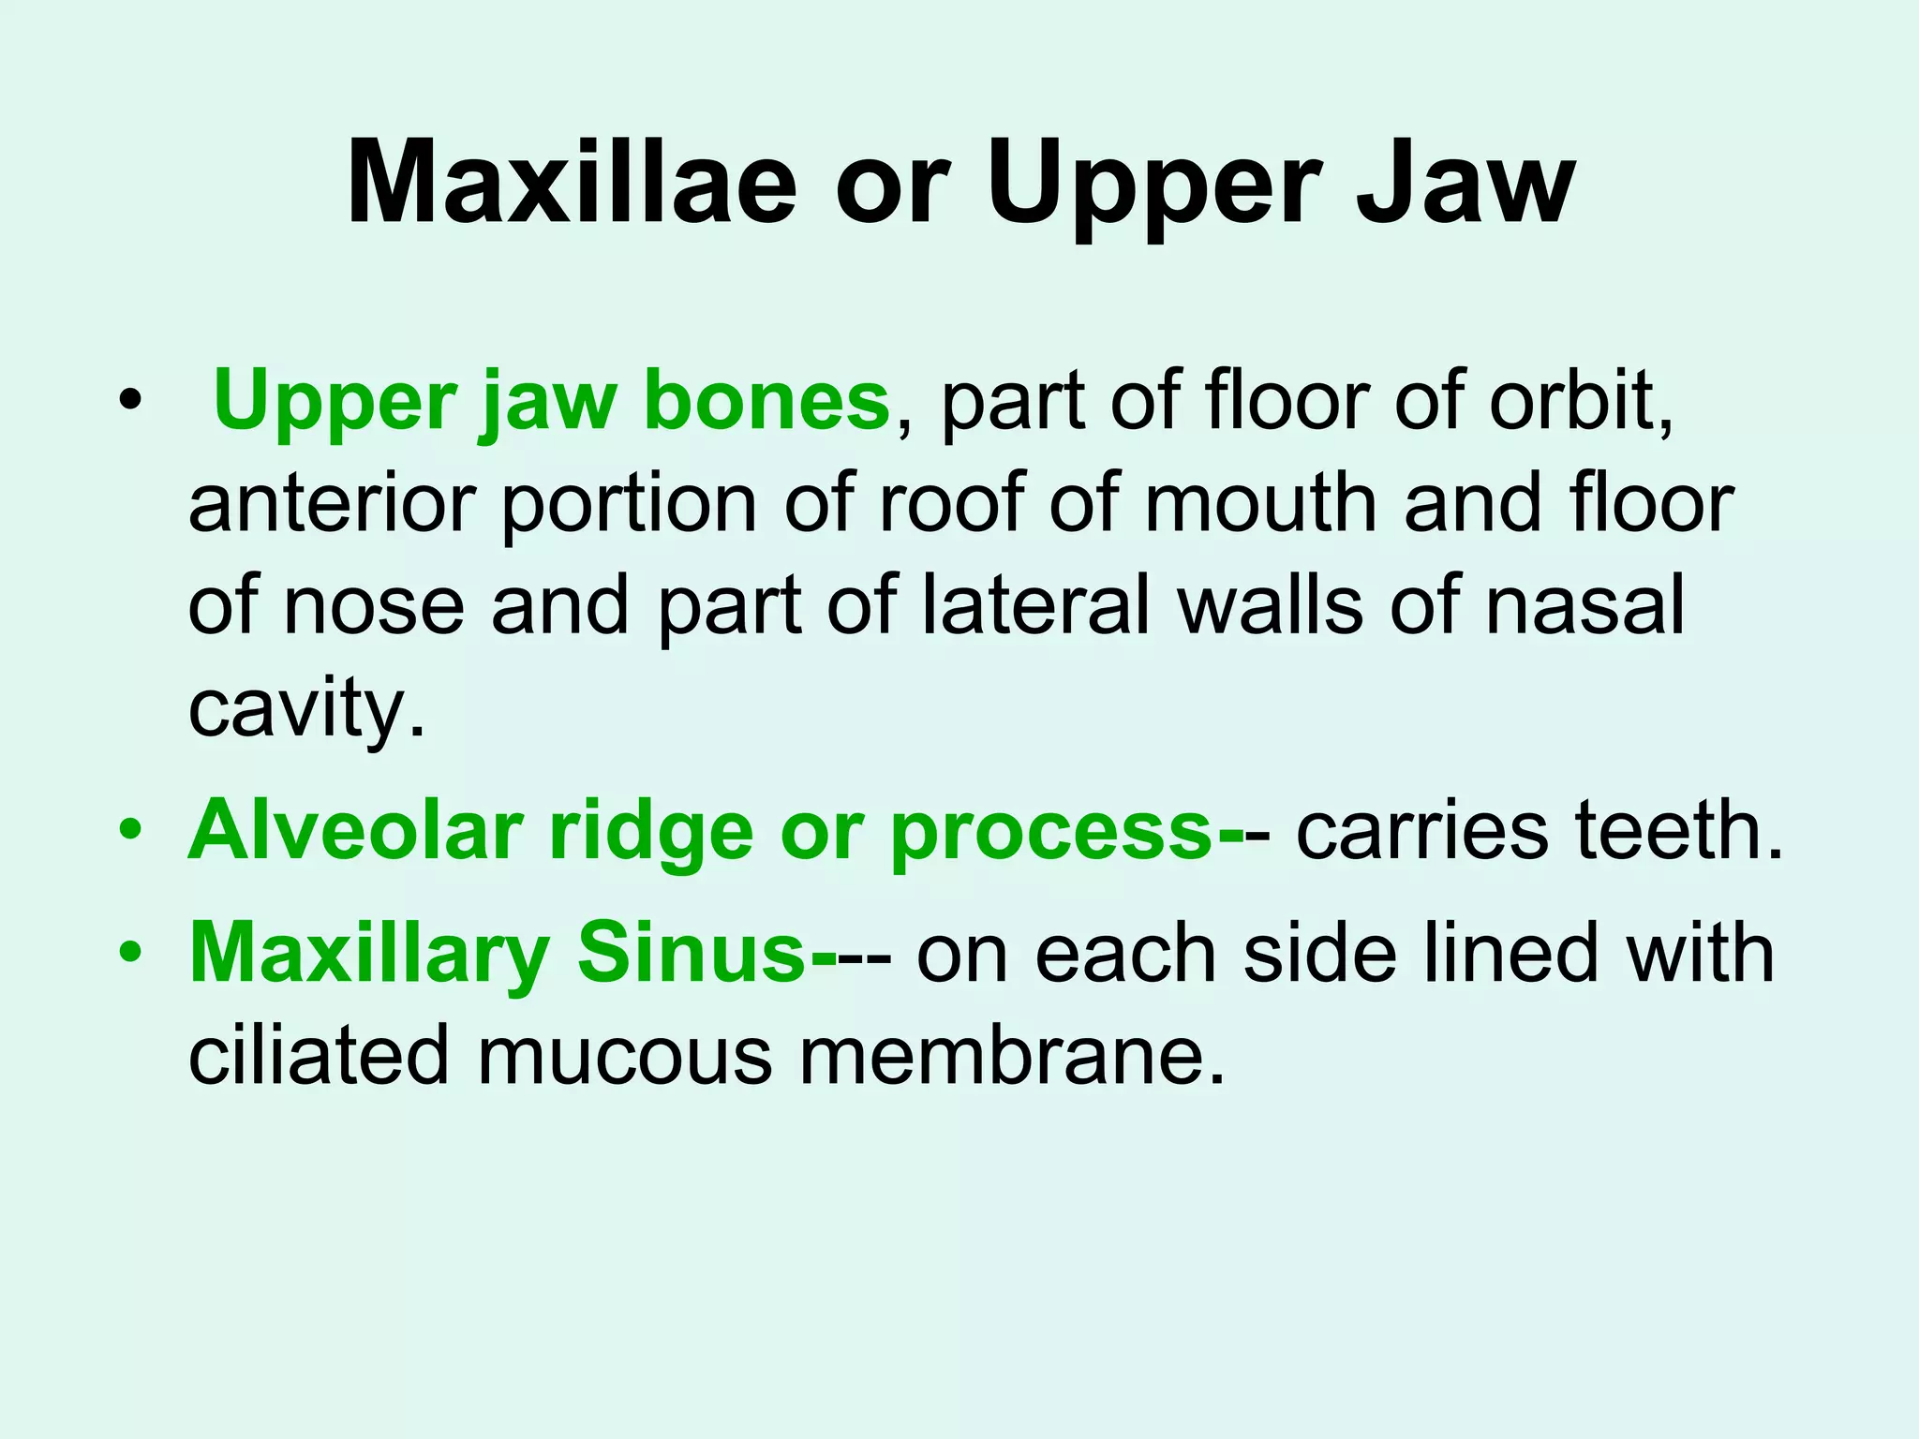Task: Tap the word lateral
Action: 1035,605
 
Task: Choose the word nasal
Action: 1584,605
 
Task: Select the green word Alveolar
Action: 355,830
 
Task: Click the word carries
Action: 1421,830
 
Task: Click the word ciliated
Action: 319,1056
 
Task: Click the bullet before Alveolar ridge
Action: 131,830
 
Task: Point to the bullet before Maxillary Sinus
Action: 131,954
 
